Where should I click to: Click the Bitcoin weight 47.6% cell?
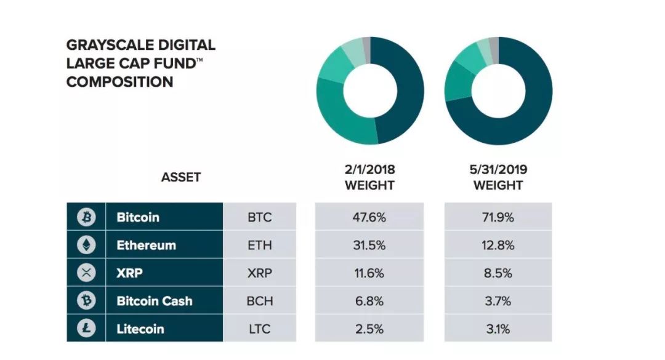click(x=369, y=217)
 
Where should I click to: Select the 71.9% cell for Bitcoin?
click(x=498, y=217)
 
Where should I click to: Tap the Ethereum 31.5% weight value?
click(x=369, y=245)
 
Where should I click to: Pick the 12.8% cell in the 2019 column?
click(x=498, y=245)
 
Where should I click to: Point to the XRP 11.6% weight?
click(x=369, y=273)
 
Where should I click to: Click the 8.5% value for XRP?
click(x=498, y=273)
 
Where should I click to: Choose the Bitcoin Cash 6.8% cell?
click(x=369, y=301)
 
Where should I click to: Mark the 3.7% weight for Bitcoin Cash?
click(x=498, y=301)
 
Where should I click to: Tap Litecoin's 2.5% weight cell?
click(x=369, y=329)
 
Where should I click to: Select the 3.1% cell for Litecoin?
click(x=498, y=329)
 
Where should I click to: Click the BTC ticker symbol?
click(x=260, y=217)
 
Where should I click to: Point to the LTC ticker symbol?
click(x=260, y=329)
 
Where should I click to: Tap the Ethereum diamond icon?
click(x=86, y=245)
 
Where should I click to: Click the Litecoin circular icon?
click(x=86, y=328)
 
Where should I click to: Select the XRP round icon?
click(x=86, y=273)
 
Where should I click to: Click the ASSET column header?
click(x=180, y=177)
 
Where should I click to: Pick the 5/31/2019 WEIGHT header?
click(x=498, y=177)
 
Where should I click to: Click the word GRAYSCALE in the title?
click(x=103, y=45)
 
